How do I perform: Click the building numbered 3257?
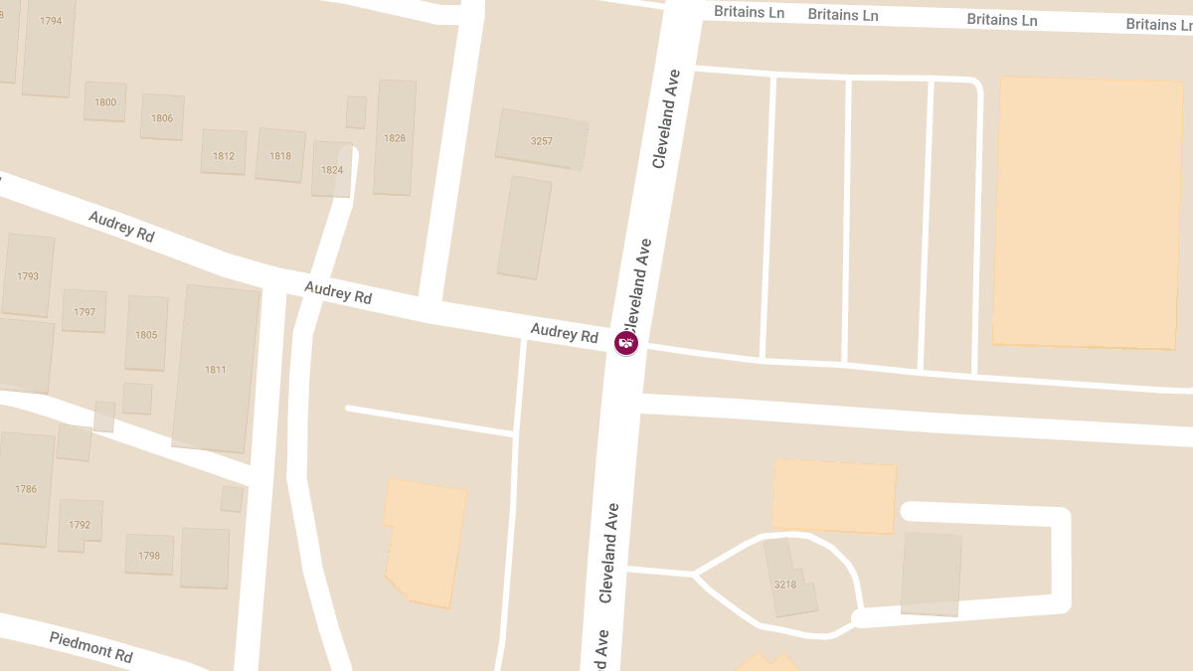tap(542, 140)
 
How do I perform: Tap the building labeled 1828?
tap(395, 137)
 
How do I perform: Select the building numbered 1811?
tap(216, 369)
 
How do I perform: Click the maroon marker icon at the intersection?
tap(626, 343)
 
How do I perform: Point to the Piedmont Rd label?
tap(90, 647)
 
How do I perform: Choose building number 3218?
tap(785, 584)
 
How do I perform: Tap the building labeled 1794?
tap(50, 21)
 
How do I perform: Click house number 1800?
tap(105, 101)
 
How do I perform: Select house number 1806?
tap(162, 117)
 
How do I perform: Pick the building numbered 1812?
tap(224, 155)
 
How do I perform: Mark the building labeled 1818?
tap(280, 155)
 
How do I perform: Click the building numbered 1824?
tap(332, 169)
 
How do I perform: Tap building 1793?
tap(28, 275)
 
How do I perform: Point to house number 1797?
tap(85, 311)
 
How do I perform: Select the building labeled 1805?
tap(146, 334)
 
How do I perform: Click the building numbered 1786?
tap(26, 488)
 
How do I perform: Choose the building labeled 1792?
tap(80, 525)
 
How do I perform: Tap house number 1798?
tap(149, 555)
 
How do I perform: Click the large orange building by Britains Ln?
tap(1088, 212)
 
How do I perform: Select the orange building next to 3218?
tap(833, 496)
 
